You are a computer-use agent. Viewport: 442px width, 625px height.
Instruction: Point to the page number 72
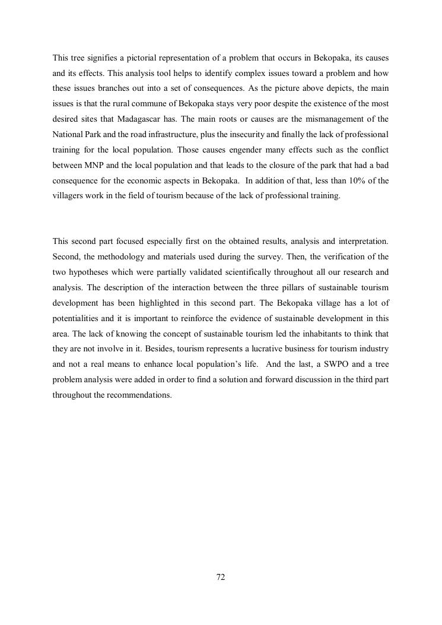221,577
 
